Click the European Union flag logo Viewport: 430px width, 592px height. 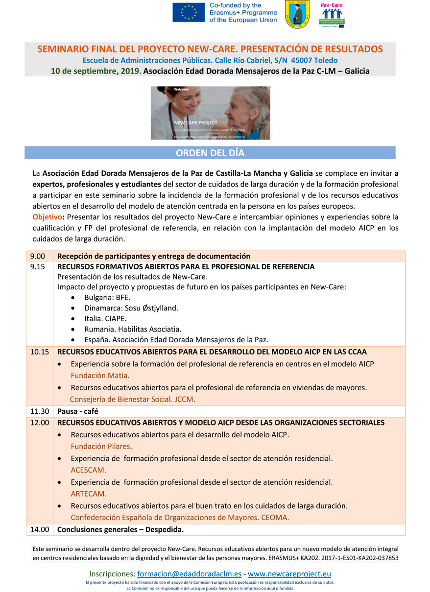pos(189,13)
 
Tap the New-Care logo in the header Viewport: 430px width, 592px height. pos(332,15)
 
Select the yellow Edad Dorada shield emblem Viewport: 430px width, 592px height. pos(297,14)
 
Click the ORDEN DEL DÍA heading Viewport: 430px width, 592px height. pos(210,153)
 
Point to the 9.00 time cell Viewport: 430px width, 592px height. pos(37,256)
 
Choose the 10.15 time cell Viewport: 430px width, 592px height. pos(39,352)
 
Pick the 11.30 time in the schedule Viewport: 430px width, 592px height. pos(39,411)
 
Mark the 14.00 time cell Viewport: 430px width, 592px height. pos(39,529)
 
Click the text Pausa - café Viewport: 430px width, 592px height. pos(78,411)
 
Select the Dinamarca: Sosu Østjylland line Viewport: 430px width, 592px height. pos(131,308)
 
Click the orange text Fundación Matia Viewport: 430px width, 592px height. pos(100,376)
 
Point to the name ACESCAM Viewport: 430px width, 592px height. pos(89,470)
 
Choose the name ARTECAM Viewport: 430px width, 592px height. pos(89,494)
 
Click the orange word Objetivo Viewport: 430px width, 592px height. pos(47,216)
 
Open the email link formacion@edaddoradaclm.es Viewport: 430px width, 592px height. pos(189,573)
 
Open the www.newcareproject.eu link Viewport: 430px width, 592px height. pos(289,573)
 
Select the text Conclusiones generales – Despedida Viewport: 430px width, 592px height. pos(120,529)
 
